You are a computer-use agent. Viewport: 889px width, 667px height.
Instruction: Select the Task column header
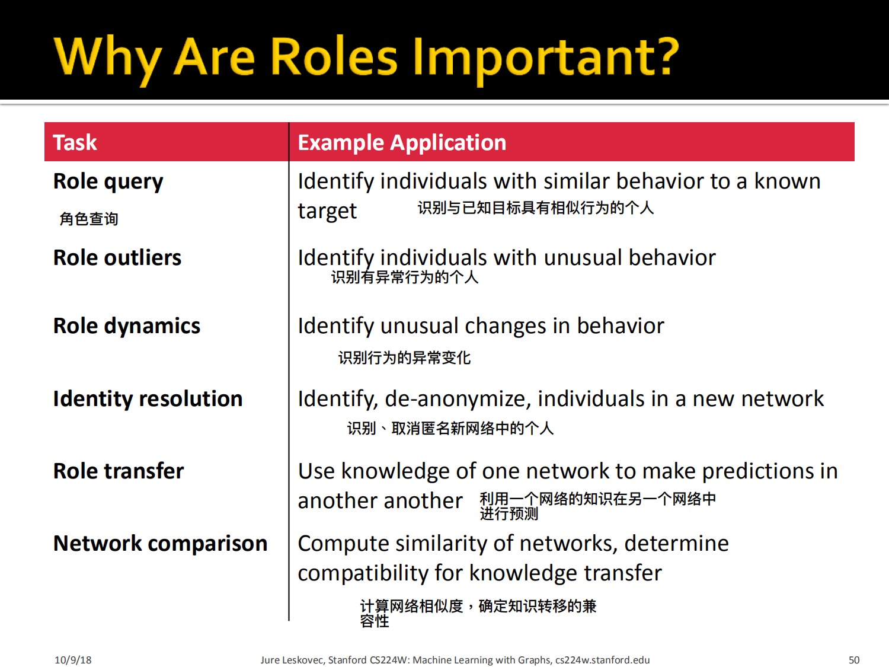(75, 142)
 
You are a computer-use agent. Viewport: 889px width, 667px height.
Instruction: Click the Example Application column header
(402, 143)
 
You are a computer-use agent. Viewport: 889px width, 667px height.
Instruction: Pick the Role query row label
(108, 181)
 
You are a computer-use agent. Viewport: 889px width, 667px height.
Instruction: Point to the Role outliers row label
(117, 257)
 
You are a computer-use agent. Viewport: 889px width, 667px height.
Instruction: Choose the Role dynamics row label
(127, 327)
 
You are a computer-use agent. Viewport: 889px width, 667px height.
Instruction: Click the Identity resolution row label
(148, 399)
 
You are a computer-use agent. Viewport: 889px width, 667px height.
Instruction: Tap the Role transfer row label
(119, 471)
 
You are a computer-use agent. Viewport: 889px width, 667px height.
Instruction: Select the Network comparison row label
(161, 544)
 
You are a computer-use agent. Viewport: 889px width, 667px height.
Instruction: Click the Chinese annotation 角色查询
(89, 219)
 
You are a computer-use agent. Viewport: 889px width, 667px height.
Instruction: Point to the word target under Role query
(327, 211)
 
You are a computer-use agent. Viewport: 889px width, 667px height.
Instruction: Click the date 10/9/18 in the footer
(73, 660)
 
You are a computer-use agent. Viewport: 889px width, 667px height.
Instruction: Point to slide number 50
(854, 660)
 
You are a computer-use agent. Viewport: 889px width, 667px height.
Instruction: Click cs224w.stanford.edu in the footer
(602, 660)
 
